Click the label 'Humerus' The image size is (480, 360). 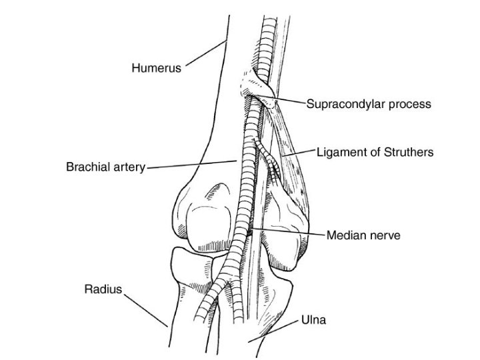156,68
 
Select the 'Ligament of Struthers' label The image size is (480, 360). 375,152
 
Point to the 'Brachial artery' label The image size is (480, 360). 105,167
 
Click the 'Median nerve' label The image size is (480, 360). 363,235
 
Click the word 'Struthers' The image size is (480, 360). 409,152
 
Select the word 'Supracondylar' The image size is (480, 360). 345,104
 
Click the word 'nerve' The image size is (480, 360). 384,235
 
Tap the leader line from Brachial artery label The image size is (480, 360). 190,164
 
